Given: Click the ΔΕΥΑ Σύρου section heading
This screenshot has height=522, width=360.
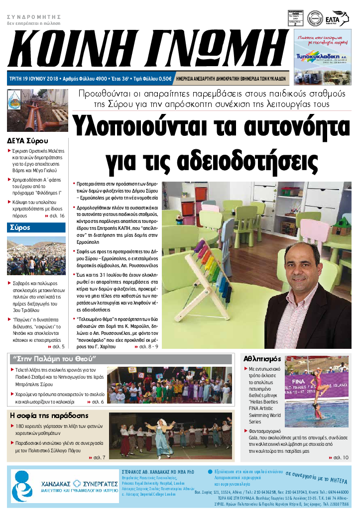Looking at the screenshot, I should coord(27,140).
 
